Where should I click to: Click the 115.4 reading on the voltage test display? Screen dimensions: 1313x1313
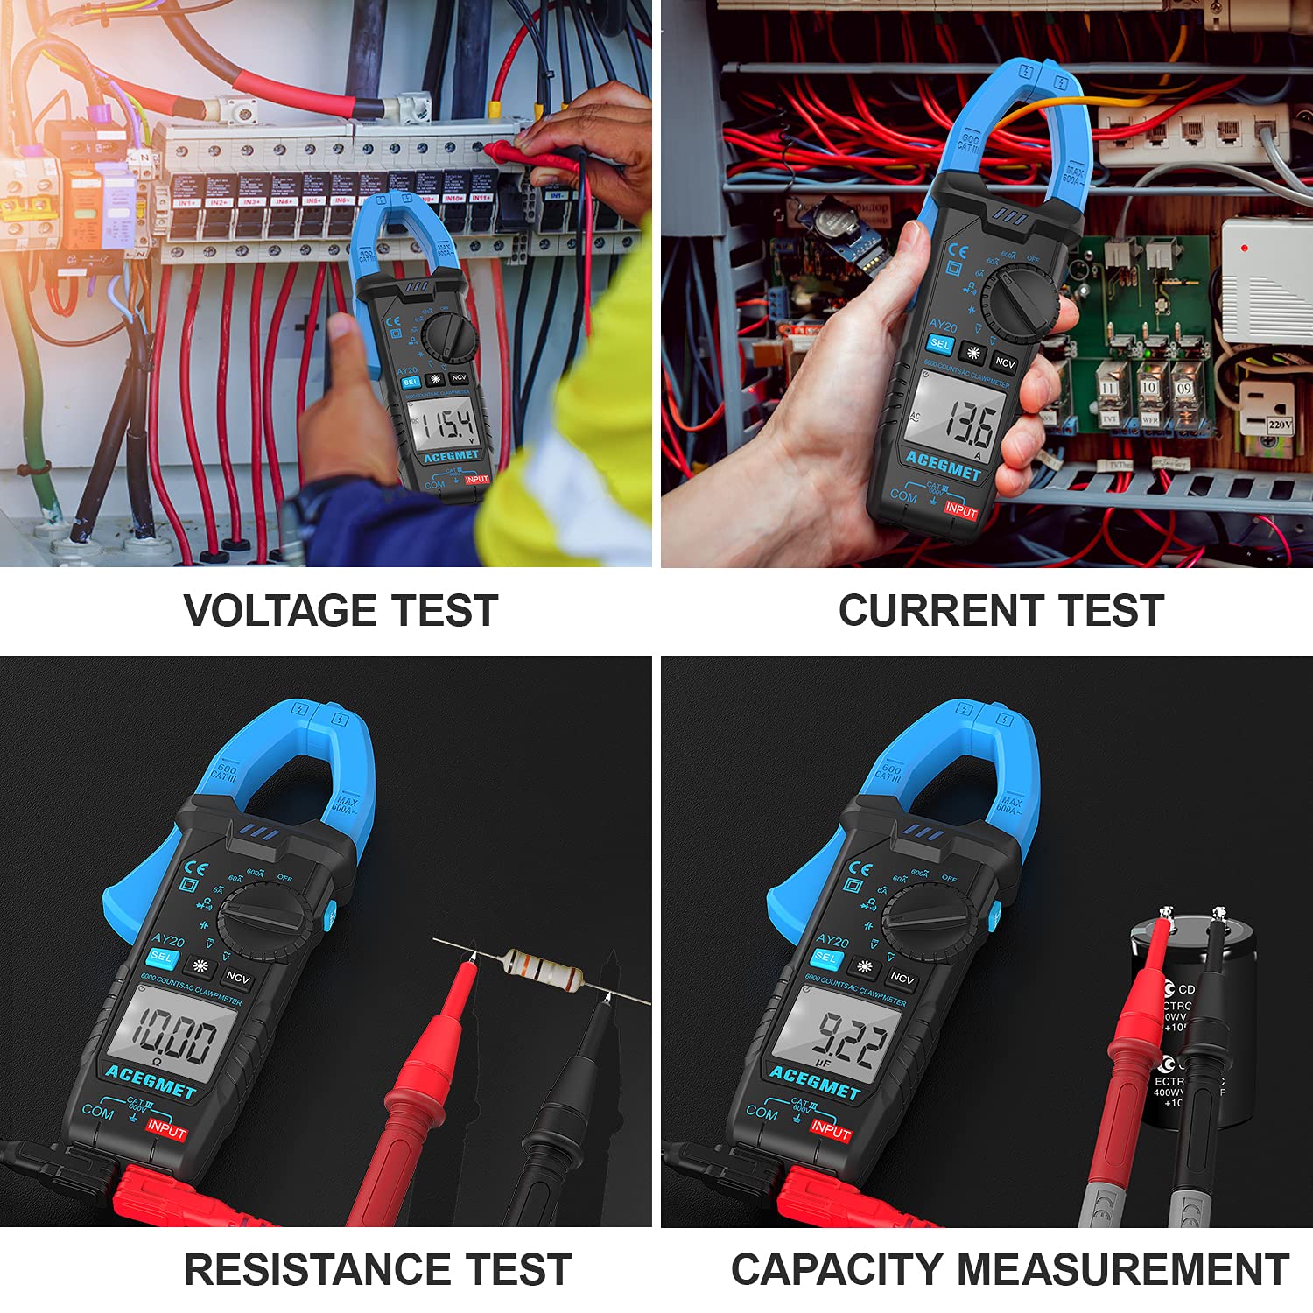pos(445,426)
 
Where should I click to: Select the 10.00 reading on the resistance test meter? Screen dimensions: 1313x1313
pos(174,1037)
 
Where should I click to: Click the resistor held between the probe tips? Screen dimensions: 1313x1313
pos(543,969)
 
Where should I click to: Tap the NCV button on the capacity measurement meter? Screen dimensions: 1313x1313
pos(902,978)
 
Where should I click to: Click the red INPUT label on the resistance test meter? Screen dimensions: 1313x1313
pos(166,1128)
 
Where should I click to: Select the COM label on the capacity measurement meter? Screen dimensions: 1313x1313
pos(762,1112)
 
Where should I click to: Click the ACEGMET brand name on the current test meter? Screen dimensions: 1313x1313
pos(944,466)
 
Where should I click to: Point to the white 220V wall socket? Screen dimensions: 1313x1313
pos(1267,411)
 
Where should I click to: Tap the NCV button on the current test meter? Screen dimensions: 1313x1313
pos(1005,362)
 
